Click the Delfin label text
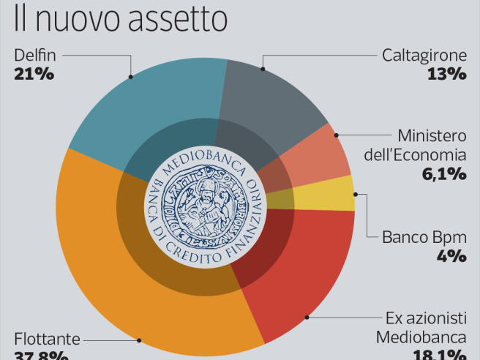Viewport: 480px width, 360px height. [35, 55]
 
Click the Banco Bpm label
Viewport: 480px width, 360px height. [424, 237]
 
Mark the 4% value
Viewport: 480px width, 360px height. [452, 255]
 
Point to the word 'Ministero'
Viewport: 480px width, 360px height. [432, 137]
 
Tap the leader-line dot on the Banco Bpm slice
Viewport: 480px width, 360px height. [356, 194]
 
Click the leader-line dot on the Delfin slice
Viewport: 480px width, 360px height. [130, 75]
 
